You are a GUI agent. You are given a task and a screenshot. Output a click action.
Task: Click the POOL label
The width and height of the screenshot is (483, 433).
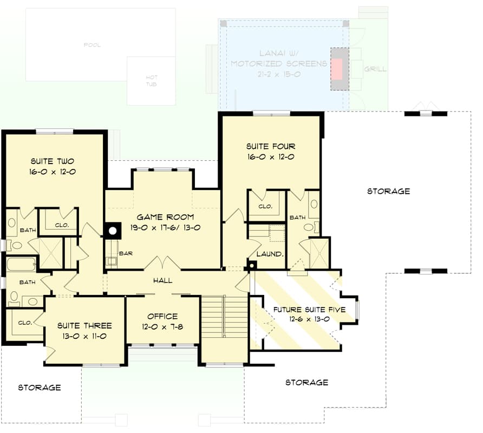pyautogui.click(x=92, y=45)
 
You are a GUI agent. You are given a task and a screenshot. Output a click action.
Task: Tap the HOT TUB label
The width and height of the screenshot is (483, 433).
pyautogui.click(x=152, y=81)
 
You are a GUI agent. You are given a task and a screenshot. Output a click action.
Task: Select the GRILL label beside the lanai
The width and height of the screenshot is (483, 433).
pyautogui.click(x=375, y=69)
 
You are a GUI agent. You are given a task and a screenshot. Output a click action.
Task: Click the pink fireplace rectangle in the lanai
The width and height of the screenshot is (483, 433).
pyautogui.click(x=337, y=69)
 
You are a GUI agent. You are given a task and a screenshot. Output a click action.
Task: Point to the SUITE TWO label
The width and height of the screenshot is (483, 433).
pyautogui.click(x=52, y=161)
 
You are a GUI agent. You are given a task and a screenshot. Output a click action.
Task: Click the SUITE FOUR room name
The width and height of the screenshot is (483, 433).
pyautogui.click(x=271, y=147)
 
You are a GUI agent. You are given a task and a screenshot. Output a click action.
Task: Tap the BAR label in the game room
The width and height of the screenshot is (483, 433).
pyautogui.click(x=126, y=253)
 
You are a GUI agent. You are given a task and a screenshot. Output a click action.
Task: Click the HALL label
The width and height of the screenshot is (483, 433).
pyautogui.click(x=162, y=280)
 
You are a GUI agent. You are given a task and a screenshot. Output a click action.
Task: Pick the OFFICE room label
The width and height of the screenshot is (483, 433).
pyautogui.click(x=162, y=316)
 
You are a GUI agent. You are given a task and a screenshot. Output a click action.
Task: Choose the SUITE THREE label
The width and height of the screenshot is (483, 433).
pyautogui.click(x=84, y=326)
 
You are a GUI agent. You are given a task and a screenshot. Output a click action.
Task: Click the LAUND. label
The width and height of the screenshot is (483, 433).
pyautogui.click(x=270, y=253)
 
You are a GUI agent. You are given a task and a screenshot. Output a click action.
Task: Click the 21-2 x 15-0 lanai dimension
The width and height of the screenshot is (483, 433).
pyautogui.click(x=278, y=74)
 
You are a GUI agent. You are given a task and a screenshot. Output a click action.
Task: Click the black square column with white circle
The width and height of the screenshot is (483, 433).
pyautogui.click(x=113, y=231)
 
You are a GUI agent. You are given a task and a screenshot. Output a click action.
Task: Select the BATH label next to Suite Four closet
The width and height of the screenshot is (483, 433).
pyautogui.click(x=297, y=218)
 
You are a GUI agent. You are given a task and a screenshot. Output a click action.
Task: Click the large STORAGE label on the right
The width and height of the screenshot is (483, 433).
pyautogui.click(x=388, y=191)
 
